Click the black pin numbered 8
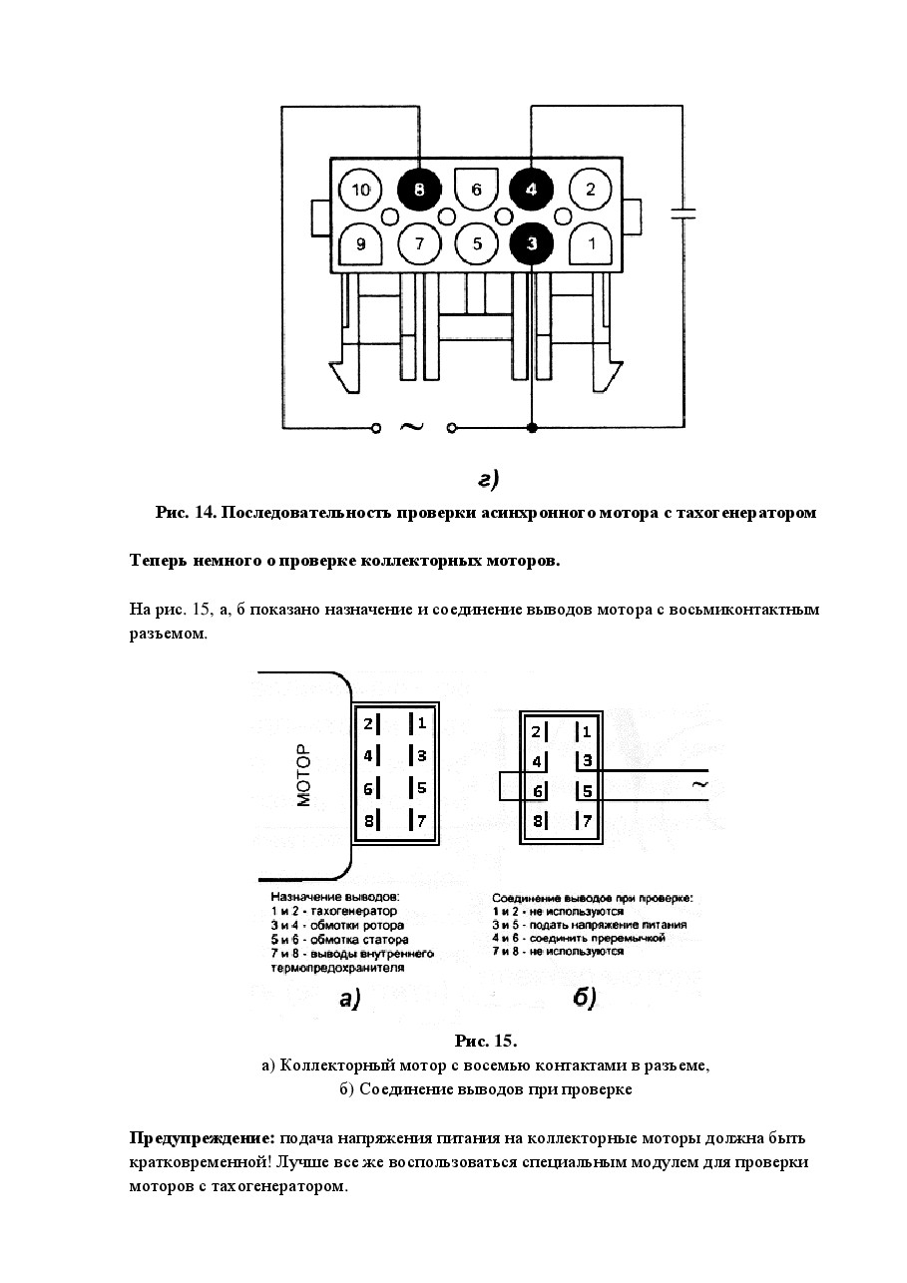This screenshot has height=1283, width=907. [x=419, y=189]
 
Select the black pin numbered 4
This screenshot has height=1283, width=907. [x=531, y=189]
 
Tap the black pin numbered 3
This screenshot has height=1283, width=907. [x=531, y=244]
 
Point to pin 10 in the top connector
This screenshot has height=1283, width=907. [x=360, y=189]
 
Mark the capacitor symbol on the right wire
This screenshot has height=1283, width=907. [x=683, y=214]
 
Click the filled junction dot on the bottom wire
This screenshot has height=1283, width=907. [x=532, y=427]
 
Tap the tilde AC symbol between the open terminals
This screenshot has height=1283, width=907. [x=411, y=426]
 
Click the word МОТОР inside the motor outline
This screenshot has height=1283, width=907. [x=303, y=775]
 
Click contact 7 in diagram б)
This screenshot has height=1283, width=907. [x=583, y=821]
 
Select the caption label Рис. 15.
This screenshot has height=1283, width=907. [x=486, y=1041]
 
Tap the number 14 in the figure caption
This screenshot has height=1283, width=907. [x=204, y=512]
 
